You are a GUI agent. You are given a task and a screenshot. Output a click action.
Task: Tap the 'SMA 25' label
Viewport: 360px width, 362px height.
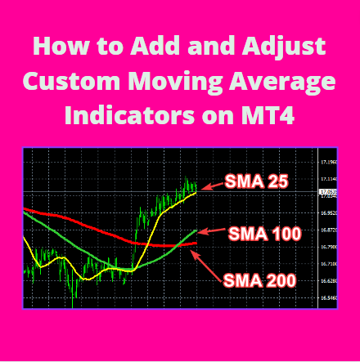click(257, 182)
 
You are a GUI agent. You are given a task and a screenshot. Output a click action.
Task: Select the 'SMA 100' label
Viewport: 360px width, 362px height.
click(264, 234)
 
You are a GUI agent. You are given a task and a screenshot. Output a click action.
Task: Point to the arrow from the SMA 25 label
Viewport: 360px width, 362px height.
click(213, 185)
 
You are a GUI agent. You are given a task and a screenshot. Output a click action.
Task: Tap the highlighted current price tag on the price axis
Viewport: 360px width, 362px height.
click(328, 192)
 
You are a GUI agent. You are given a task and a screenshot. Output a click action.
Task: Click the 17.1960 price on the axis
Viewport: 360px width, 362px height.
click(329, 162)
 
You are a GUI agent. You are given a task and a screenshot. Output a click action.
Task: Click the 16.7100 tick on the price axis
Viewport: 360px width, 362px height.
click(329, 264)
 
